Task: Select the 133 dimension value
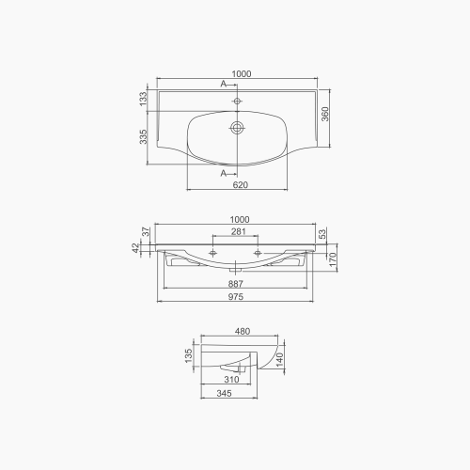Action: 143,100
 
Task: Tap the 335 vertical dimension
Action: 143,139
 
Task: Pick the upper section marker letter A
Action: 224,85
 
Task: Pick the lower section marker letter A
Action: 224,174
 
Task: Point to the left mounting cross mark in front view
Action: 215,254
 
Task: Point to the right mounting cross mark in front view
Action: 258,254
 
